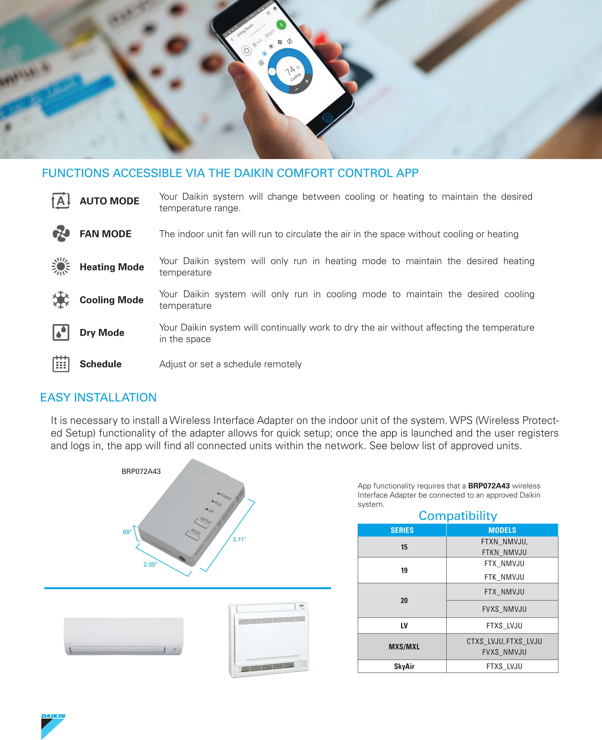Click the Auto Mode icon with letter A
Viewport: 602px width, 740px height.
point(61,201)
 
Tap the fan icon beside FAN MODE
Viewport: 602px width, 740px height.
point(61,234)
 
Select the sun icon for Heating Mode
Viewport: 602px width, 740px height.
point(61,266)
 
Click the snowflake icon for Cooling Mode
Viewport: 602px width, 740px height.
point(61,300)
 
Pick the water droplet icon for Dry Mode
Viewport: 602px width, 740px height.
point(61,332)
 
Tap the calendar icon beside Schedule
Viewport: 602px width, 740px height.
point(61,364)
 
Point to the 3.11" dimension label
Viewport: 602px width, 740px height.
point(239,539)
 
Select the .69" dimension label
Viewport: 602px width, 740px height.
point(126,532)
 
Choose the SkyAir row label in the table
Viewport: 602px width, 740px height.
point(404,666)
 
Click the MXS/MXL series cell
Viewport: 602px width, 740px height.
point(404,646)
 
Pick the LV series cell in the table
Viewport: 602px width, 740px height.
point(404,626)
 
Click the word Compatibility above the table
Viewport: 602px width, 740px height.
point(458,516)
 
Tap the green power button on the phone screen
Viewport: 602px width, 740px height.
point(281,25)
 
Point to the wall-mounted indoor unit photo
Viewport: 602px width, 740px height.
point(123,636)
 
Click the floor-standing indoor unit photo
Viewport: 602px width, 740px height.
point(269,640)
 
